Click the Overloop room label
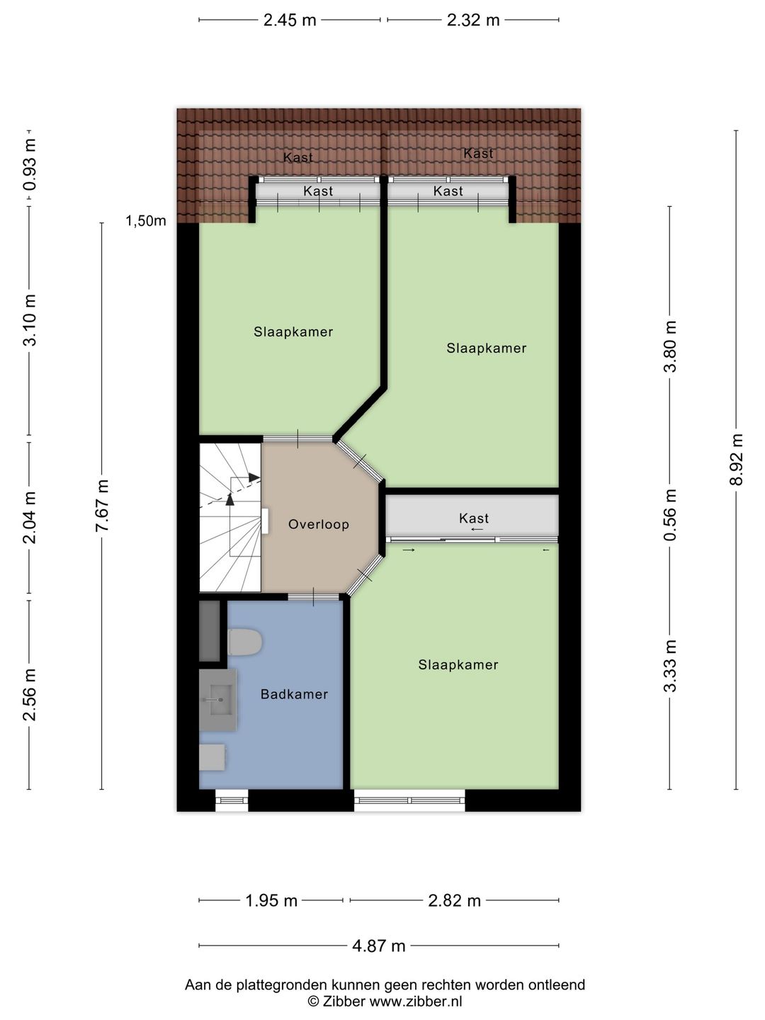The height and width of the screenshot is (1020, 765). (x=318, y=524)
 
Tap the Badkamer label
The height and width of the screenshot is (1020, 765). (x=294, y=694)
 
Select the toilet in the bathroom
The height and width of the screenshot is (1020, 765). (x=244, y=642)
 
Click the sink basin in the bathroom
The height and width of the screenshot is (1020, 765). (x=218, y=700)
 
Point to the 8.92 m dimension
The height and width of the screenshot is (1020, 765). (x=736, y=460)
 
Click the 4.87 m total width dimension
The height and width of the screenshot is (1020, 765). (x=378, y=946)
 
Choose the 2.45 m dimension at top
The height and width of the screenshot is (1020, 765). (x=290, y=20)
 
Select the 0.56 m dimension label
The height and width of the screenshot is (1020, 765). (x=670, y=515)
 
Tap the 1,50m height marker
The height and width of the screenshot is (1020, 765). (x=145, y=221)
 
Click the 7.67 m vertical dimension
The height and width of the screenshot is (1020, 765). (x=102, y=506)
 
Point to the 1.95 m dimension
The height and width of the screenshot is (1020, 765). (x=271, y=900)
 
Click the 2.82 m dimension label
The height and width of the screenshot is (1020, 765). (x=454, y=900)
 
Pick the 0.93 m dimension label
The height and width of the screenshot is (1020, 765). (x=29, y=164)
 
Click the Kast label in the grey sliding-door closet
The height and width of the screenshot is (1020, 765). (x=474, y=518)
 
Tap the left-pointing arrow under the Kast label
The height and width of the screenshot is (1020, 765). (x=477, y=529)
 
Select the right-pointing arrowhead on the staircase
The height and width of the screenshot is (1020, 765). (x=254, y=477)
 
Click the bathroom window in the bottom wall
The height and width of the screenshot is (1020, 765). (x=232, y=800)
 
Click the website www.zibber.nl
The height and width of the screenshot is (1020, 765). (x=416, y=1001)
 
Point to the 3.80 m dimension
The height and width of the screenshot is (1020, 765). (x=670, y=346)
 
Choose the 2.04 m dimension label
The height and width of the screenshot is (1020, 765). (x=29, y=518)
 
